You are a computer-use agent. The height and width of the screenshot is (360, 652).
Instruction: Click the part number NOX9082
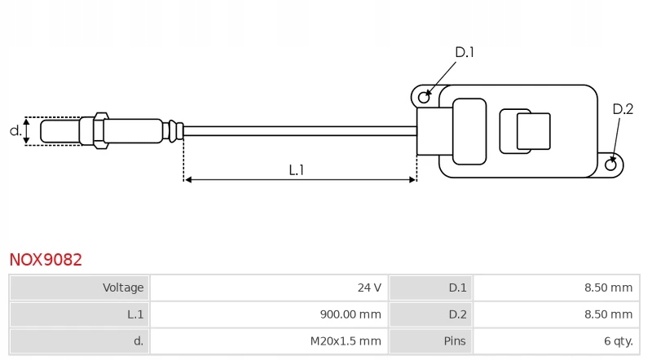point(46,260)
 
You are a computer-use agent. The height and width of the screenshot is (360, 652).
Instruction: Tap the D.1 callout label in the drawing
point(465,52)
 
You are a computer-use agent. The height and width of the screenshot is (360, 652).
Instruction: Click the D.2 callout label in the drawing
point(623,109)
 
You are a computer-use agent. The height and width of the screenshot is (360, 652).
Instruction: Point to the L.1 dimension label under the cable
point(297,170)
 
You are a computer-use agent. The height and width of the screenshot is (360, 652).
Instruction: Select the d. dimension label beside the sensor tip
point(15,130)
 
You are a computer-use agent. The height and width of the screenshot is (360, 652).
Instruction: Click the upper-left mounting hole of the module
point(424,98)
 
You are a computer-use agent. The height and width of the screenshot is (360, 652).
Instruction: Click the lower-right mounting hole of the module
point(611,165)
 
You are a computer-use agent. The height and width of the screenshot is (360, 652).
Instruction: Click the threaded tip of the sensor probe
point(59,130)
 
